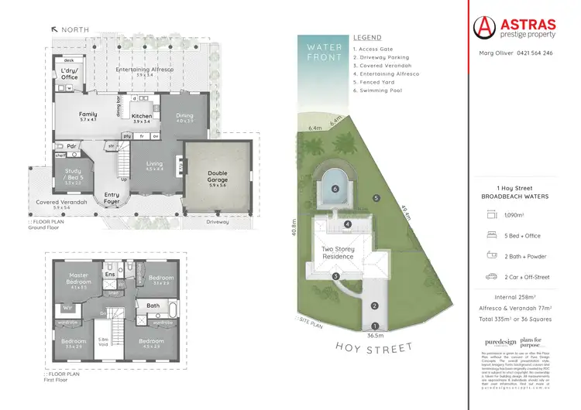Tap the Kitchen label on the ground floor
tap(142, 116)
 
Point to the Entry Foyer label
tap(112, 197)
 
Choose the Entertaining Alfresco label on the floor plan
tap(143, 70)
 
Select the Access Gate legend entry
tap(377, 48)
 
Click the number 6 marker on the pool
tap(335, 188)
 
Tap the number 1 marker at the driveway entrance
tap(373, 326)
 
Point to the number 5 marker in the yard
tap(376, 198)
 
